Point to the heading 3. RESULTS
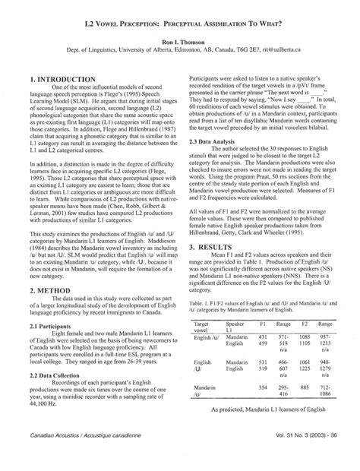click(x=216, y=226)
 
